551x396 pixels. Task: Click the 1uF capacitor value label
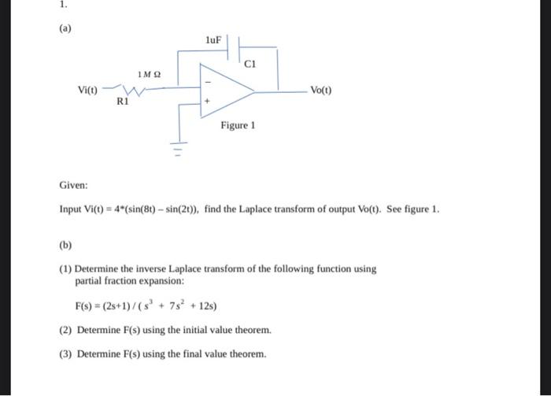tap(213, 39)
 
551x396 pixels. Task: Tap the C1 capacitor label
tap(251, 62)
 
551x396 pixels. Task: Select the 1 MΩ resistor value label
tap(149, 75)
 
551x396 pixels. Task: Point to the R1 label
tap(122, 102)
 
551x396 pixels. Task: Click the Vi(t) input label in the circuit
tap(88, 90)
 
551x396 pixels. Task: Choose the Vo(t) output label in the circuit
tap(321, 91)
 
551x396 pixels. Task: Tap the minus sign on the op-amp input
tap(209, 81)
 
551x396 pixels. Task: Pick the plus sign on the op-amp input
tap(209, 102)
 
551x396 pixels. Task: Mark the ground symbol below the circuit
tap(178, 147)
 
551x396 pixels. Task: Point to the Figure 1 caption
tap(238, 125)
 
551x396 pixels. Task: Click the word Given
tap(73, 186)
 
